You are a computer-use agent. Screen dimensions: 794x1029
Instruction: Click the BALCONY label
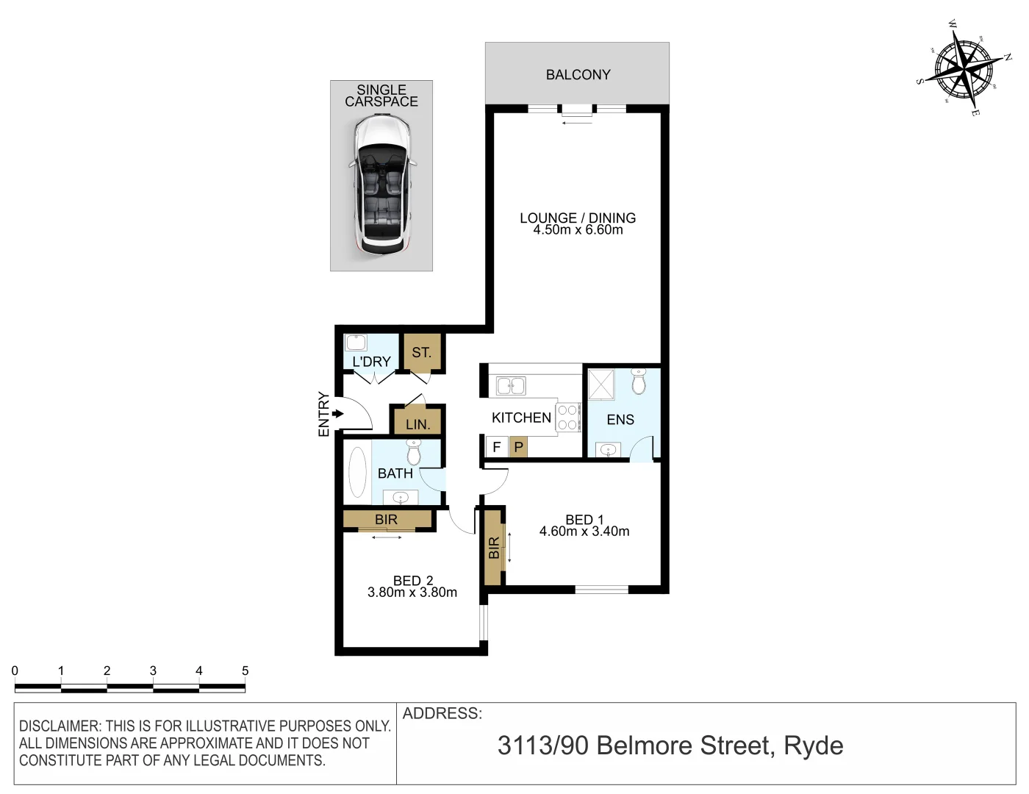[578, 74]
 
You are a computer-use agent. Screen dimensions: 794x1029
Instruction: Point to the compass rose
[964, 68]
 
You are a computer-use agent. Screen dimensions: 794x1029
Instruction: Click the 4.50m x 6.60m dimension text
[578, 230]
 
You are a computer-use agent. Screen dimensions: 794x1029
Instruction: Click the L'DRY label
[371, 362]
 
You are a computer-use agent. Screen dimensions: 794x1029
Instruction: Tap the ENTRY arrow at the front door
[337, 414]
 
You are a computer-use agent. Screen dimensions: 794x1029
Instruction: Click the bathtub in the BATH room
[357, 472]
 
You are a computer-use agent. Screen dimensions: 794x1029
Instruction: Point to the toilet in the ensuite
[638, 382]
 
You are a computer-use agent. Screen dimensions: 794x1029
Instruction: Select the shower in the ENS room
[601, 385]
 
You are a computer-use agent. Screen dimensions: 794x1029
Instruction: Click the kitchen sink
[511, 385]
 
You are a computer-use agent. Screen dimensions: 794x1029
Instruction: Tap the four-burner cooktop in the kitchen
[567, 417]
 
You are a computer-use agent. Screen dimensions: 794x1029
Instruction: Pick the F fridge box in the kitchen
[497, 446]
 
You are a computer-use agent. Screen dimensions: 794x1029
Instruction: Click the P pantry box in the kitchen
[518, 446]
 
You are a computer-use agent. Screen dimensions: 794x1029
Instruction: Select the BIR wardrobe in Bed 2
[387, 519]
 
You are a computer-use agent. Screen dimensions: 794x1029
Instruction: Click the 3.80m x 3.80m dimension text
[412, 593]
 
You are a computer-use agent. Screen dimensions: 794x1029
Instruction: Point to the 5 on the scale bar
[245, 670]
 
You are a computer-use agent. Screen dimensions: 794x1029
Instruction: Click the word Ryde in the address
[814, 745]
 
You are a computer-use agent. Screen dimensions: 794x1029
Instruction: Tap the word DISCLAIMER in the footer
[60, 726]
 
